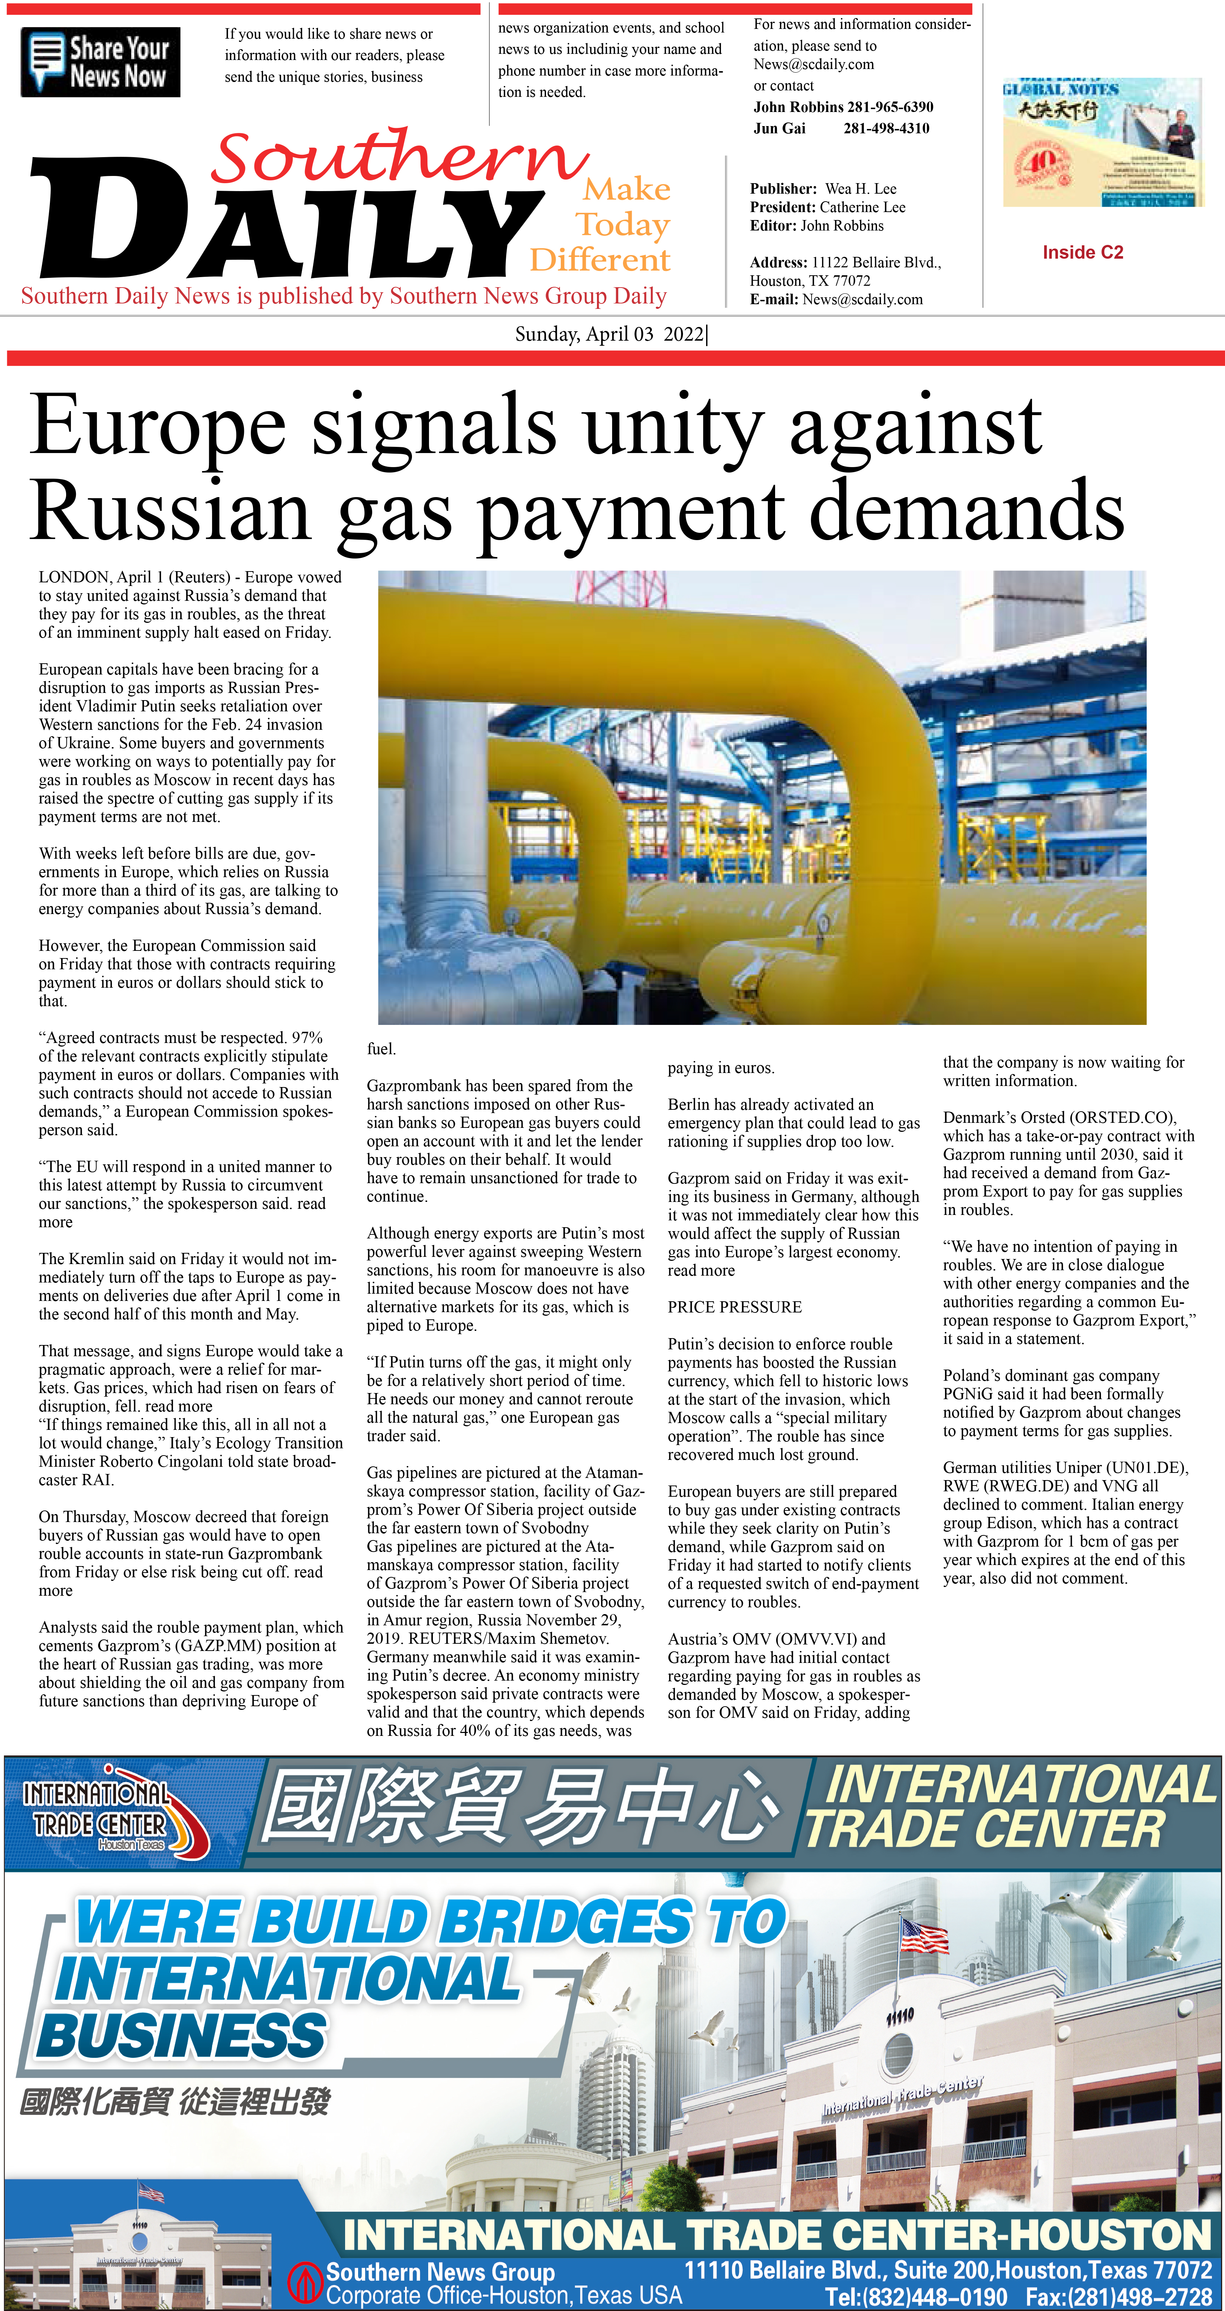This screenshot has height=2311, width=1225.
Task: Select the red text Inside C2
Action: pos(1082,252)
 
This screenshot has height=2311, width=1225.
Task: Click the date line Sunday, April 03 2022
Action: pos(610,335)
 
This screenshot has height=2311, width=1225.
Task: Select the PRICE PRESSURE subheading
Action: pos(734,1307)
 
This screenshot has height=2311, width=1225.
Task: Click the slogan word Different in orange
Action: pos(599,260)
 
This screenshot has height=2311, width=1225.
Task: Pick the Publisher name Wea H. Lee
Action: pos(860,188)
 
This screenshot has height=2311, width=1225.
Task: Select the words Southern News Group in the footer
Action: pos(440,2272)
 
